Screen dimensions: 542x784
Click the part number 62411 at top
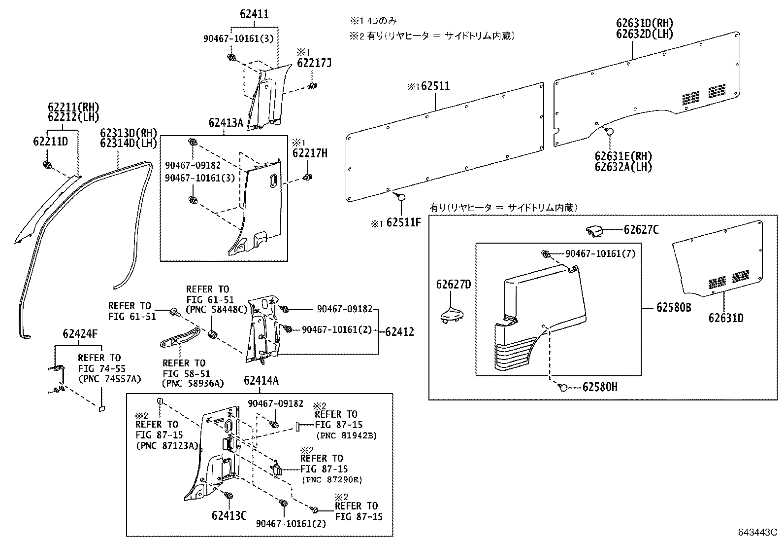(x=254, y=14)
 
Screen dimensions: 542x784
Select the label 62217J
(x=314, y=63)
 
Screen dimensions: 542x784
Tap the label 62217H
(x=309, y=153)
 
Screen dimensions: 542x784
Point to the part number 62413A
(x=226, y=123)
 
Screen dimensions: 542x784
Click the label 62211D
(x=50, y=142)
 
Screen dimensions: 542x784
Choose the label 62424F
(x=80, y=334)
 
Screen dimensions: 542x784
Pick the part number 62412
(x=399, y=332)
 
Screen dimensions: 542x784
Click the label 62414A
(x=261, y=380)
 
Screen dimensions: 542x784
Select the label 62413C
(x=229, y=515)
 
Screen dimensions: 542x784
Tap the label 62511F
(x=403, y=222)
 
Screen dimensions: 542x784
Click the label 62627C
(x=641, y=230)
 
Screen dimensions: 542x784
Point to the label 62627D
(x=453, y=285)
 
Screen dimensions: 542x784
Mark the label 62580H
(x=599, y=387)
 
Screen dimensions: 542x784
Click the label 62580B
(x=674, y=308)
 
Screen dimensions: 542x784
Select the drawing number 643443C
(x=756, y=533)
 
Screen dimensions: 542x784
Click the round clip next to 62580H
(x=564, y=387)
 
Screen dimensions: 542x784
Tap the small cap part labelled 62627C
(x=595, y=231)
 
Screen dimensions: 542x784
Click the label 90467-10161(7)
(x=600, y=253)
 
